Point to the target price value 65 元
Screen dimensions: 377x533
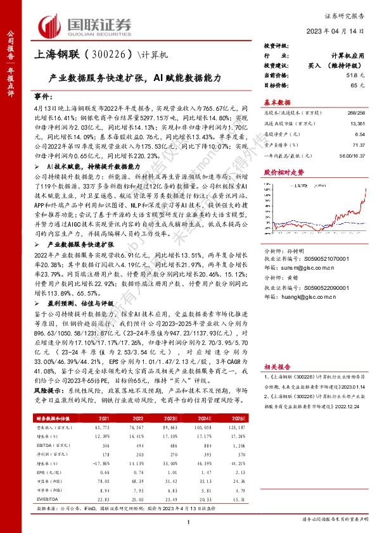coord(360,84)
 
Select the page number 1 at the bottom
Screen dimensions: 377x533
coord(189,520)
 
